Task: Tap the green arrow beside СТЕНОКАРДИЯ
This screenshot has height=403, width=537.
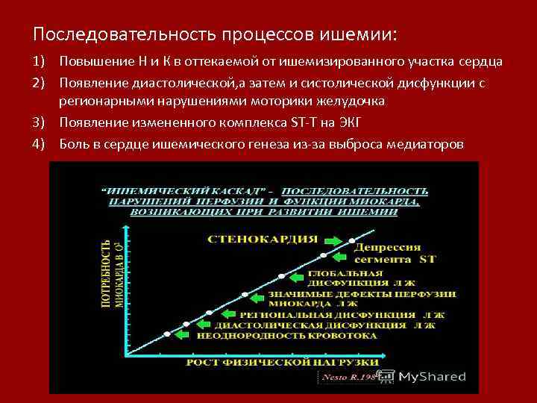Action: (330, 240)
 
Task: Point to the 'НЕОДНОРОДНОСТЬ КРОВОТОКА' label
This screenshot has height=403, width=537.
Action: (286, 336)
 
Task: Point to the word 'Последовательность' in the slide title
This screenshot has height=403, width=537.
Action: (123, 34)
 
